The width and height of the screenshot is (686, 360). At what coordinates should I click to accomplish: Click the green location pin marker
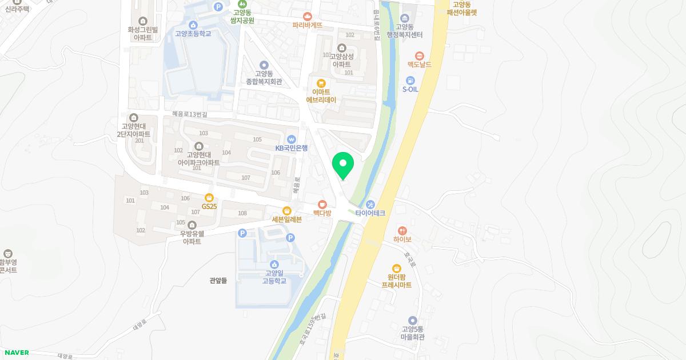coord(343,165)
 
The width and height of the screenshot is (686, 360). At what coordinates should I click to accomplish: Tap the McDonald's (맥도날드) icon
coord(419,55)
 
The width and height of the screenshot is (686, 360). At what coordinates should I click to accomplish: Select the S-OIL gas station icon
coord(410,80)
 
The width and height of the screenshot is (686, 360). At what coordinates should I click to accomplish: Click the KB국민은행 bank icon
coord(291,139)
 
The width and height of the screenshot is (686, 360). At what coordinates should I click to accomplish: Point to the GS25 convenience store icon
coord(209,197)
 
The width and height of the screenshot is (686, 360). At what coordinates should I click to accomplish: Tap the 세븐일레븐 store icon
coord(286,211)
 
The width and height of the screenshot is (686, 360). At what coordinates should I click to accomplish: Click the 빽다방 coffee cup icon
coord(322,204)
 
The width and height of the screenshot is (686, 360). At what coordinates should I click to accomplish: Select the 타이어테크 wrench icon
coord(370,204)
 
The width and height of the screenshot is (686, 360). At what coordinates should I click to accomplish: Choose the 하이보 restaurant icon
coord(402,230)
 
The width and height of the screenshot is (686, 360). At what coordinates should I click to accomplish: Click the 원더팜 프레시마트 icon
coord(396,268)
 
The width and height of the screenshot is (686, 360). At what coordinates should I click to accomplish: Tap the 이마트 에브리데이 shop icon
coord(321,83)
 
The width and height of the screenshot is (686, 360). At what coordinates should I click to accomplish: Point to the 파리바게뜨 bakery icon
coord(308,16)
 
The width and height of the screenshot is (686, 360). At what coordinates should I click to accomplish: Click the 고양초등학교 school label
coord(193,34)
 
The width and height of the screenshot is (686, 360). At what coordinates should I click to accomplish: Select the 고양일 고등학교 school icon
coord(274,264)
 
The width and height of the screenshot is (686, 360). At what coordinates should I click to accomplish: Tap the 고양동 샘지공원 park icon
coord(242,4)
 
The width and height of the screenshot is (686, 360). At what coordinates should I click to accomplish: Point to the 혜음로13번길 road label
coord(189,114)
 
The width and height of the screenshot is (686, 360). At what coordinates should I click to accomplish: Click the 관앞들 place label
coord(218,281)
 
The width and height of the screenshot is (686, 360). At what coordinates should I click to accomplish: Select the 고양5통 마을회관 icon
coord(413,321)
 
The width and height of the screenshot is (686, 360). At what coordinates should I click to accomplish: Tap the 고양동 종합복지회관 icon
coord(264,65)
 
